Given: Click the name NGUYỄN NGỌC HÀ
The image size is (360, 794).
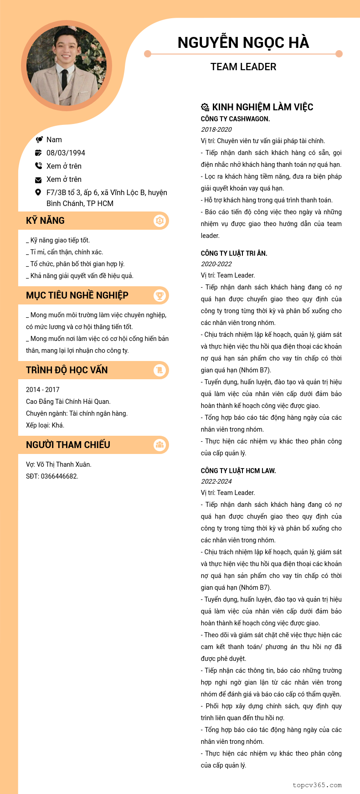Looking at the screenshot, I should [x=243, y=42].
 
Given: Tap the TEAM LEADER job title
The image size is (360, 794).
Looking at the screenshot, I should [x=243, y=67].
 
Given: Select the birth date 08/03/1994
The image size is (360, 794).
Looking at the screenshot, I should [x=66, y=153].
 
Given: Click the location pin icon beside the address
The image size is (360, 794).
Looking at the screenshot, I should [x=38, y=192].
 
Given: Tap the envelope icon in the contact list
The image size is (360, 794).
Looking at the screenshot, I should [x=38, y=180].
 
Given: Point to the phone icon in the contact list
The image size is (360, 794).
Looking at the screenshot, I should [x=38, y=166].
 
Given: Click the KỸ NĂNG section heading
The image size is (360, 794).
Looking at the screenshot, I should [x=46, y=221].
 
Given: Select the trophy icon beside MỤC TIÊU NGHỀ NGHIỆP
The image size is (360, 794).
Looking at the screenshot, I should [x=159, y=295].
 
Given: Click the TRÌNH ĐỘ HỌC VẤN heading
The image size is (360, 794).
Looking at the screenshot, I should [x=67, y=370].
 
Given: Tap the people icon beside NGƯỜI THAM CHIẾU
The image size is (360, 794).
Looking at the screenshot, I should [x=159, y=445].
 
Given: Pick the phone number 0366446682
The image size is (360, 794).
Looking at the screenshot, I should [x=59, y=476].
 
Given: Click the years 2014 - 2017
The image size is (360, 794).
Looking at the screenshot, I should [x=43, y=390].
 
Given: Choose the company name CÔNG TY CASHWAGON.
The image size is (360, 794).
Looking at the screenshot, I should [x=235, y=119].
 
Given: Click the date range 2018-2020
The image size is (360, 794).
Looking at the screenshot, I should [x=216, y=129].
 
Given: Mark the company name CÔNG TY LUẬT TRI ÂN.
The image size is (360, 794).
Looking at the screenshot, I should [x=234, y=253].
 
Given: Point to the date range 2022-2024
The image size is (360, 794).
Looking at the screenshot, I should [x=216, y=481].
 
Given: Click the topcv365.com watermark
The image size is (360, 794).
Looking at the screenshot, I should [x=317, y=785].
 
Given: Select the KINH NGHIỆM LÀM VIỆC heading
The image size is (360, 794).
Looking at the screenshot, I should [x=262, y=107].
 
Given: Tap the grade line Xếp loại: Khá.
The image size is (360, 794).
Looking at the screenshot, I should [x=45, y=425].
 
